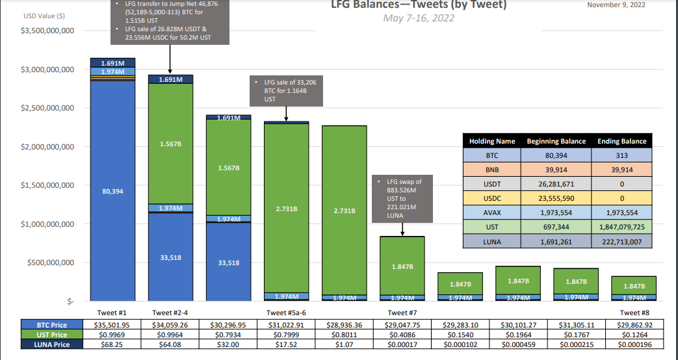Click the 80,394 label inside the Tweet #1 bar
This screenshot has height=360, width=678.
[x=112, y=192]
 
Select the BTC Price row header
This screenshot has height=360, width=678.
[x=52, y=325]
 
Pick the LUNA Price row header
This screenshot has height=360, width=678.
[x=52, y=344]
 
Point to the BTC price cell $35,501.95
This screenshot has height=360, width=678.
[x=112, y=325]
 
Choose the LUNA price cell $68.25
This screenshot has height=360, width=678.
[x=112, y=344]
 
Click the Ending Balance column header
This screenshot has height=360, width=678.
[x=621, y=141]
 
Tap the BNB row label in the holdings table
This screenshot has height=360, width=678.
[x=491, y=170]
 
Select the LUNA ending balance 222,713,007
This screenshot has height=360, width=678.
[x=621, y=241]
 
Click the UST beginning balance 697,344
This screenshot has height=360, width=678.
[x=556, y=227]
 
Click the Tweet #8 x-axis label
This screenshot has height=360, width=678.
[x=633, y=313]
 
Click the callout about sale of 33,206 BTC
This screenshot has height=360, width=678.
[x=287, y=91]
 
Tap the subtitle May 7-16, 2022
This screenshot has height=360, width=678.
[x=419, y=18]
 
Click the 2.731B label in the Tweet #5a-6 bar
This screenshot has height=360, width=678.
[x=287, y=209]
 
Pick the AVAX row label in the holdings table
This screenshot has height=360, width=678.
[x=491, y=212]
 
